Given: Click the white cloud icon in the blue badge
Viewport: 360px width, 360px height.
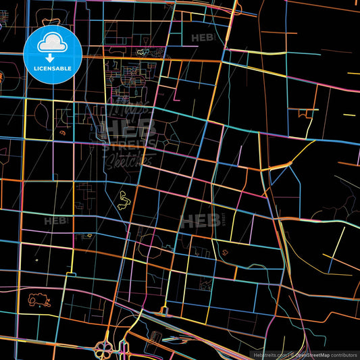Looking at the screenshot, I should coord(53,43).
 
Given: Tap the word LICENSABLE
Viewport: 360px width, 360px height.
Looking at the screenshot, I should coord(53,68).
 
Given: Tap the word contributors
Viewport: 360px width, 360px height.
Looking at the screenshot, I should coord(344,355).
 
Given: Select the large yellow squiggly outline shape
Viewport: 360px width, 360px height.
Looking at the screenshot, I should coord(125,200).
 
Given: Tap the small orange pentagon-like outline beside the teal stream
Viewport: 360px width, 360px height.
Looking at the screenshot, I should coord(222,252).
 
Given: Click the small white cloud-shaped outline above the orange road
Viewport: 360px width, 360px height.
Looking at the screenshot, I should coord(143,52).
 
